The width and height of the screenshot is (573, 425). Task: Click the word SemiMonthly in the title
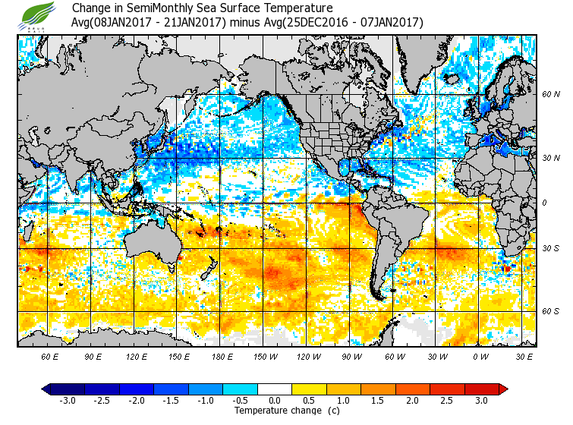150,8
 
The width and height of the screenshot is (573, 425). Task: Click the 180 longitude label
221,356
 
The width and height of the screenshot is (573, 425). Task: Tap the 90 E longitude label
93,356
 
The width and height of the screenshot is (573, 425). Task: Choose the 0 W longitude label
480,356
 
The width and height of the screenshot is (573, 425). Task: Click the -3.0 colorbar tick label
67,401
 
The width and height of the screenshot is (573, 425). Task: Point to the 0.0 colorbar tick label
275,401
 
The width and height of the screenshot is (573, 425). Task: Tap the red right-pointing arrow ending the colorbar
503,389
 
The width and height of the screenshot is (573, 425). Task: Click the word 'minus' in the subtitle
246,22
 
